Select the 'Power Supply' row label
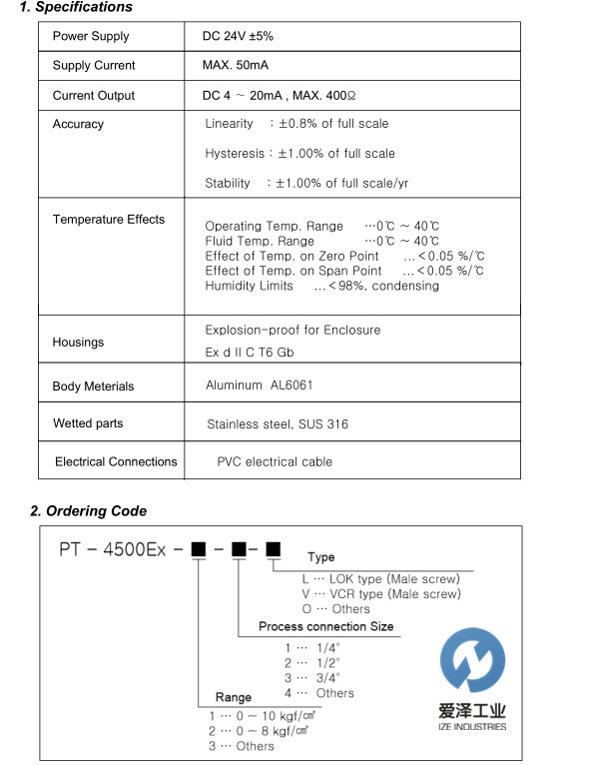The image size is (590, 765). click(91, 36)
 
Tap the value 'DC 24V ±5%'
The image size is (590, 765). click(238, 36)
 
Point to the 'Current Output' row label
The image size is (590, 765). click(94, 96)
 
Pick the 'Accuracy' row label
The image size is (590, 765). click(78, 125)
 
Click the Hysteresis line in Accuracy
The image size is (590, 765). click(299, 154)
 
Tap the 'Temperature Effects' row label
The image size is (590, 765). click(109, 220)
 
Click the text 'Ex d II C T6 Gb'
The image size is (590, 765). click(250, 353)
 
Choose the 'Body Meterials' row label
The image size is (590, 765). click(93, 386)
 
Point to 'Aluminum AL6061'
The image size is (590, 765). click(260, 384)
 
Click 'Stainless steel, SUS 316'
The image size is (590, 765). click(278, 424)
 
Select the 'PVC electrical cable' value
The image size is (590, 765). click(275, 462)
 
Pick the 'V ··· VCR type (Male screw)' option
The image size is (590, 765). click(381, 593)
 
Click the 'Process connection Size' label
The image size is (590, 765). click(325, 627)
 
